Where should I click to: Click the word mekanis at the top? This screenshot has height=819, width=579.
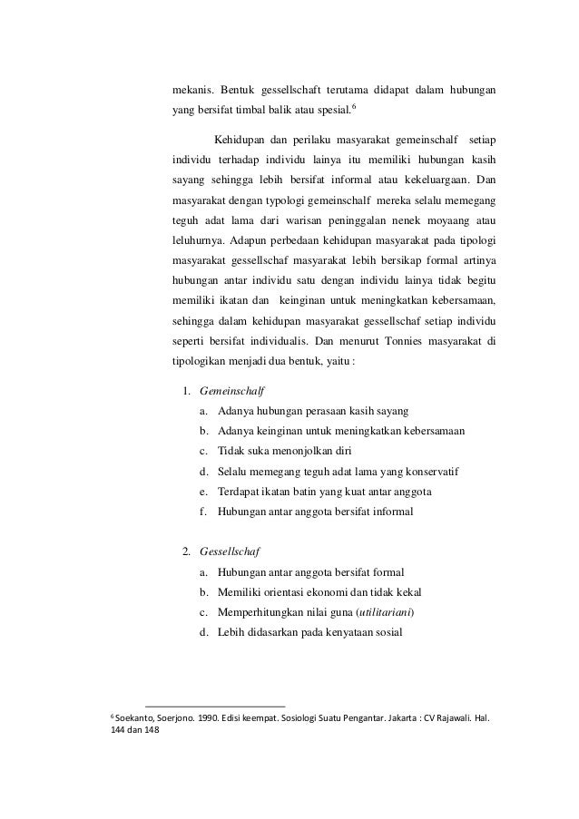[194, 91]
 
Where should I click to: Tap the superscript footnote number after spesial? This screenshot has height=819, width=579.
[353, 108]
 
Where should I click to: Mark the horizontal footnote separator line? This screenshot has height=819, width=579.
[214, 705]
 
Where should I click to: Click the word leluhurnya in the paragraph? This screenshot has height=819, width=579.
[199, 242]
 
